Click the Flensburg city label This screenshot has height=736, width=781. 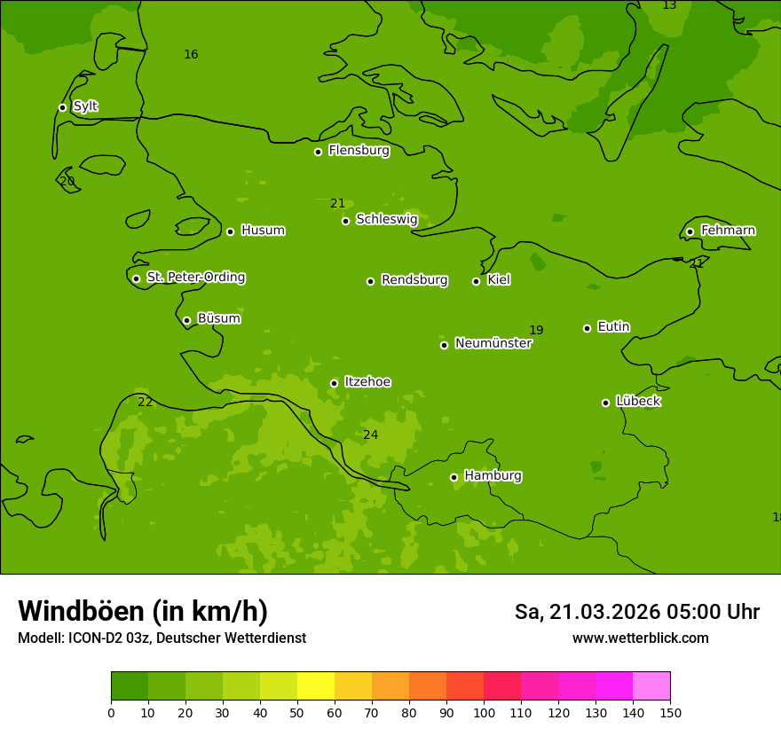[x=359, y=151]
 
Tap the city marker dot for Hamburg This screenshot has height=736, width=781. [x=454, y=477]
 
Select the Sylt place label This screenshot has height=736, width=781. [x=85, y=106]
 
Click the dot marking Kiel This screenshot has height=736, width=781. [x=476, y=281]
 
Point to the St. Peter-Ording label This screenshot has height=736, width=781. [x=195, y=278]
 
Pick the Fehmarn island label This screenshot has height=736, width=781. [x=728, y=231]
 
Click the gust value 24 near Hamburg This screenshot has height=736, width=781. [x=370, y=435]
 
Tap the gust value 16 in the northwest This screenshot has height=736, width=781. [x=191, y=55]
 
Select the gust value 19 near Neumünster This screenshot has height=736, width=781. [x=536, y=331]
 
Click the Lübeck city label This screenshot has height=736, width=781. [x=637, y=401]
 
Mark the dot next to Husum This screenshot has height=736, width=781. [x=230, y=231]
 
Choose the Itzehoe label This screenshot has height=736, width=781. [x=367, y=382]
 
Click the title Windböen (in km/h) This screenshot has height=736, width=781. [x=143, y=611]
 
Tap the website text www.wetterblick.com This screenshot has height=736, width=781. [x=640, y=638]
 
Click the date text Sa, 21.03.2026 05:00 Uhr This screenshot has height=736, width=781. [x=636, y=612]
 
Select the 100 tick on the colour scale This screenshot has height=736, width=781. [x=484, y=712]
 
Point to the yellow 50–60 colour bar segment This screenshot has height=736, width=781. [x=316, y=685]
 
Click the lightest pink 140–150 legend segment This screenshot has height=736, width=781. [x=651, y=685]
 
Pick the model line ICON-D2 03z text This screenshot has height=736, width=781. [x=162, y=638]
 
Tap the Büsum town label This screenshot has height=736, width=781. [x=218, y=318]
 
